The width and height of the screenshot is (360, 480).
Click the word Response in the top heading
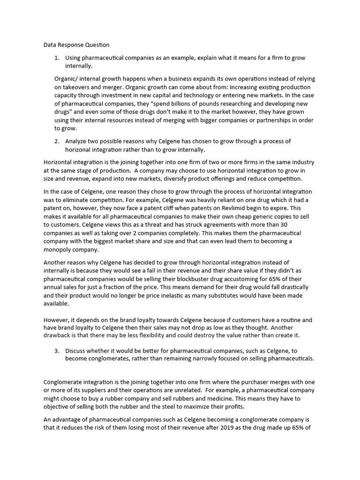(x=70, y=45)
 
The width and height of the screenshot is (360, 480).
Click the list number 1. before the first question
(x=57, y=58)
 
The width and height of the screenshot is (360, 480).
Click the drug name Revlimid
(x=233, y=208)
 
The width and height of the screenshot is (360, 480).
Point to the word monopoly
(x=59, y=250)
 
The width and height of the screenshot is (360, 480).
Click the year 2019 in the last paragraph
(x=207, y=429)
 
